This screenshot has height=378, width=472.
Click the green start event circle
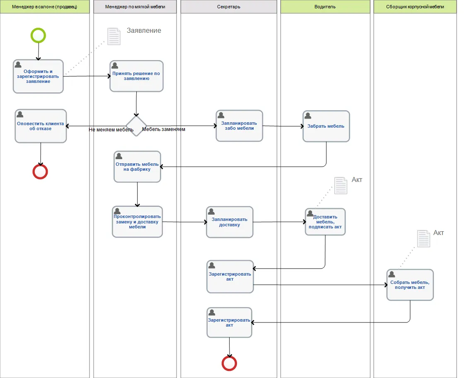click(38, 35)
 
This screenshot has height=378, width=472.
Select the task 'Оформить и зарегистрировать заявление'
click(38, 76)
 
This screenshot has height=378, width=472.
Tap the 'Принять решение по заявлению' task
click(136, 76)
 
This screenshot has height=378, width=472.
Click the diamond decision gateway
click(136, 126)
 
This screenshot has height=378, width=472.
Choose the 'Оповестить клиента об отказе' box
click(41, 126)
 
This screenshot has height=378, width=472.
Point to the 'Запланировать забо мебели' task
click(239, 126)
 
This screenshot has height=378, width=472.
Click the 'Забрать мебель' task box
click(326, 126)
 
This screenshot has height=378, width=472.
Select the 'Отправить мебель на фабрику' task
click(137, 167)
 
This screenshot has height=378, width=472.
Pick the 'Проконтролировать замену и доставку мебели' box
click(137, 222)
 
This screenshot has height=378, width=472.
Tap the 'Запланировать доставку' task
click(230, 222)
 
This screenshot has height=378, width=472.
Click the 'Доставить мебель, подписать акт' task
click(325, 222)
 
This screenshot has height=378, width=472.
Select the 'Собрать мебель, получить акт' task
click(410, 285)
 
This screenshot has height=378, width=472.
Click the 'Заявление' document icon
click(114, 36)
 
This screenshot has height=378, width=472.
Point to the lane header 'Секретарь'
click(229, 7)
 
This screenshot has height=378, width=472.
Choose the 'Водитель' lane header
click(325, 7)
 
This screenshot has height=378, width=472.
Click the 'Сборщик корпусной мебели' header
click(415, 7)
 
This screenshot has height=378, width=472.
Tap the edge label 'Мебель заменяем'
click(164, 129)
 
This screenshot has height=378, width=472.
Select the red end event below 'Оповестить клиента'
click(40, 172)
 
